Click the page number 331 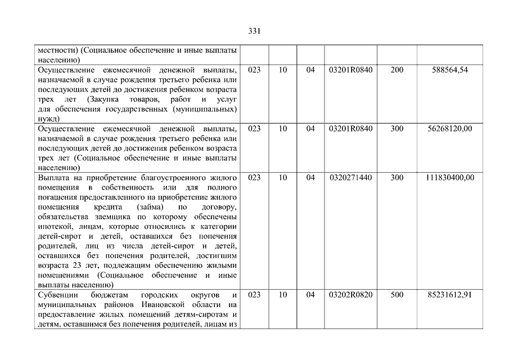click(x=254, y=31)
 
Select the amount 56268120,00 click(x=450, y=128)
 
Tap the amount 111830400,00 click(x=450, y=178)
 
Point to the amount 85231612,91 click(x=450, y=295)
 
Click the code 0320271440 click(x=351, y=178)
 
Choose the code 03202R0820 click(x=351, y=295)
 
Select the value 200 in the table click(x=397, y=70)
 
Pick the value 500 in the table click(x=397, y=295)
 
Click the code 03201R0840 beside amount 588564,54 click(x=351, y=70)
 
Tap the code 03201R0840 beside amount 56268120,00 click(x=351, y=128)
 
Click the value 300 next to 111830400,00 click(x=397, y=178)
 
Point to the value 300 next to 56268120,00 click(x=397, y=128)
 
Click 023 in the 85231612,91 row click(x=254, y=295)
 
